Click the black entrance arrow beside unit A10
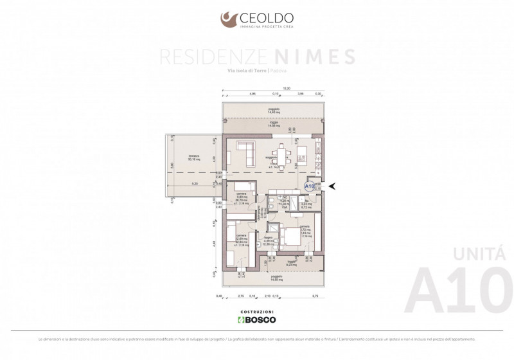(x=332, y=186)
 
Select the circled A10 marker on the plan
(x=309, y=186)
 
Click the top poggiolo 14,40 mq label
(x=274, y=111)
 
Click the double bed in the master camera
(x=291, y=237)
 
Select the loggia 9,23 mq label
(x=292, y=263)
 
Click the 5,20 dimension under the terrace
(x=193, y=184)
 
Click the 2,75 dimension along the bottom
(x=241, y=296)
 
